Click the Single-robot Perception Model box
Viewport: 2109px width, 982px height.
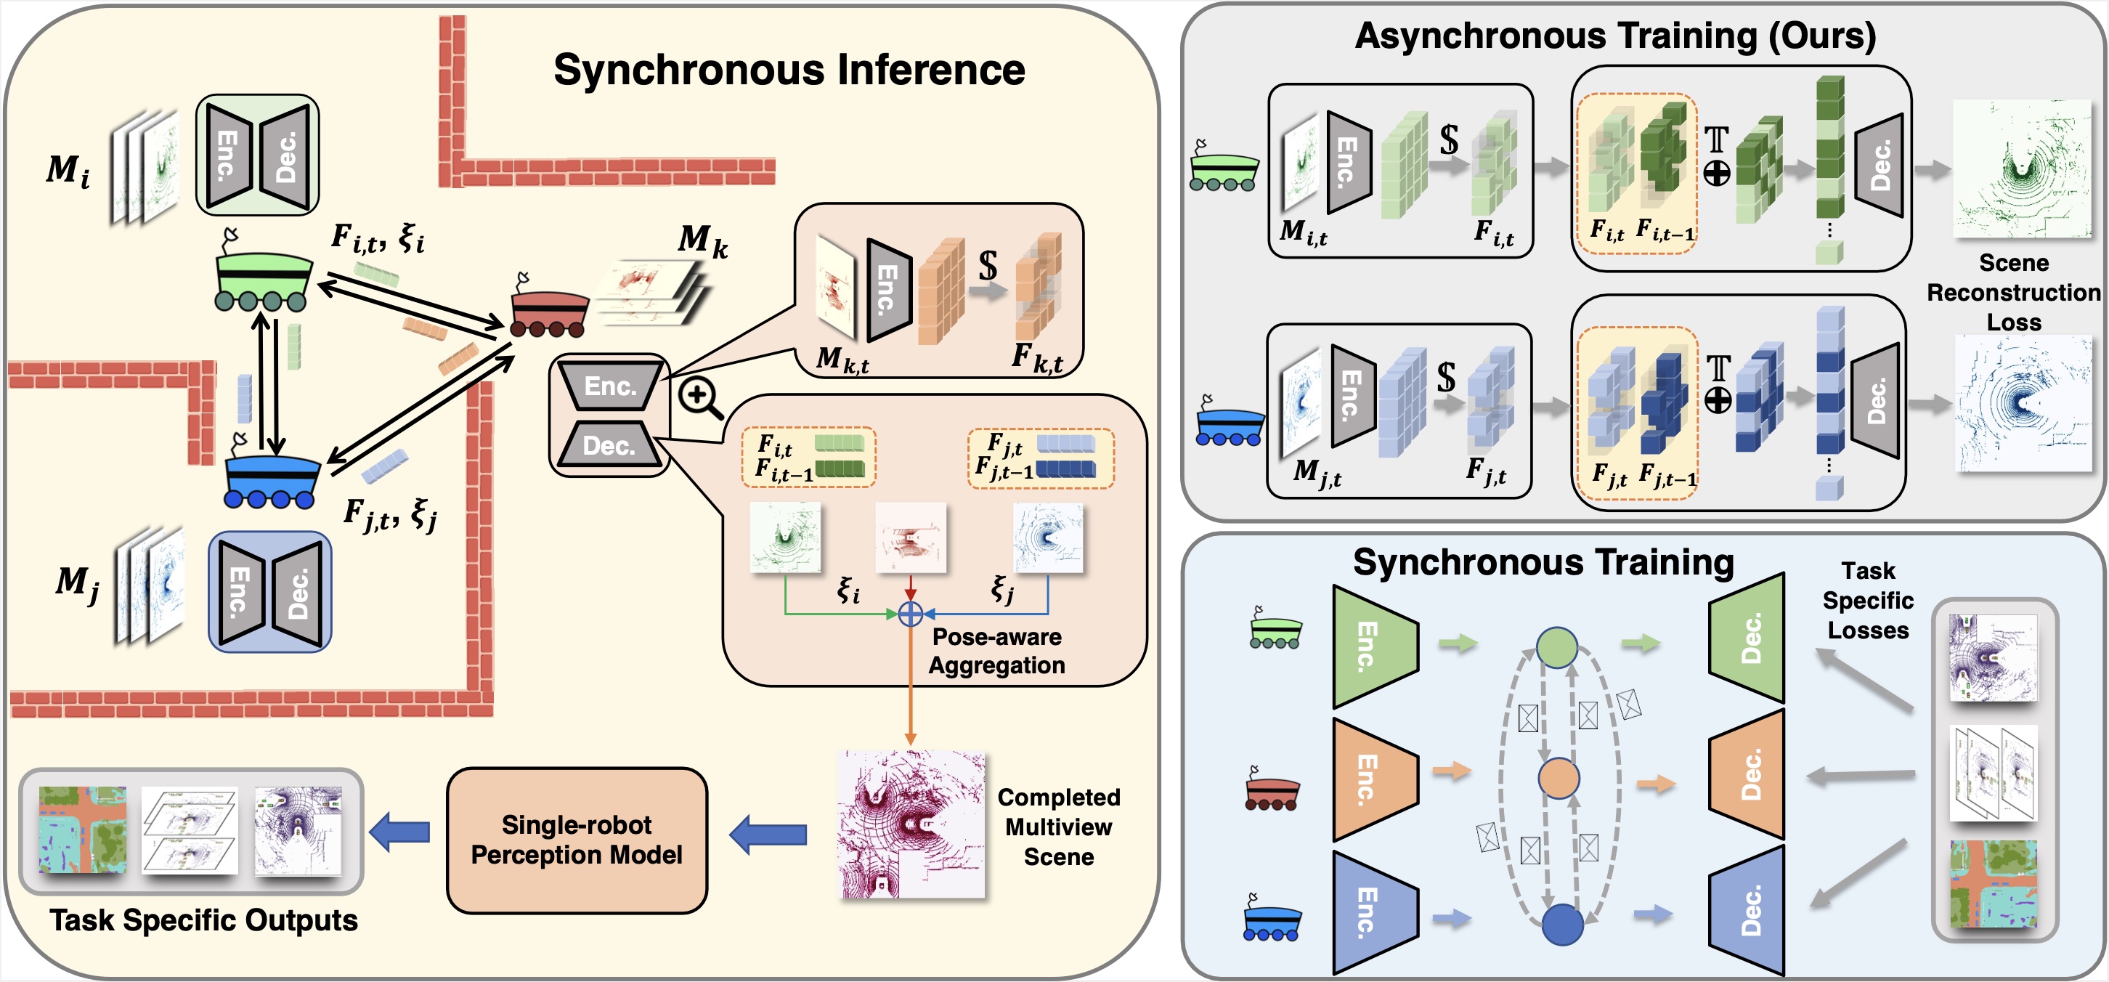(x=577, y=840)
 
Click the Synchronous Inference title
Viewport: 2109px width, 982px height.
(x=789, y=70)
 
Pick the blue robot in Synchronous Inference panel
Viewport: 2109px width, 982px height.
(x=271, y=480)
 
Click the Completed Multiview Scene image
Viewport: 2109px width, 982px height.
(x=911, y=824)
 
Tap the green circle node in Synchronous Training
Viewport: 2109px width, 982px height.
(x=1556, y=647)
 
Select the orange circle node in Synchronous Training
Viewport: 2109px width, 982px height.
(x=1558, y=778)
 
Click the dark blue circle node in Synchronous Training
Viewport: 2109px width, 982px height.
(x=1561, y=925)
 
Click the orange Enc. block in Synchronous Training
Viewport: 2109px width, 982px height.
(x=1373, y=778)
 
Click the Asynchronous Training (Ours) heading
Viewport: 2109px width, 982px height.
(x=1614, y=36)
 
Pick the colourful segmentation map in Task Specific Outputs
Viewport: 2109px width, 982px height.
(x=83, y=830)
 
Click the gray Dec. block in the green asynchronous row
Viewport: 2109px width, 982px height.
(x=1879, y=166)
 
